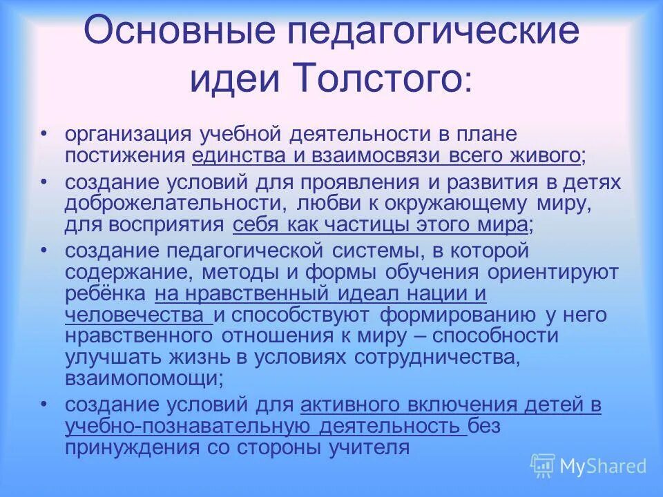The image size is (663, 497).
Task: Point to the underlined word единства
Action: coord(238,155)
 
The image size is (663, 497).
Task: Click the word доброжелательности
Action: coord(174,204)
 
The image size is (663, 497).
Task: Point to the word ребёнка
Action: coord(104,294)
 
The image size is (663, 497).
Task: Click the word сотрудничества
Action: coord(435,358)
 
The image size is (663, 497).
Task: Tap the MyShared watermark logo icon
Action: coord(543,466)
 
